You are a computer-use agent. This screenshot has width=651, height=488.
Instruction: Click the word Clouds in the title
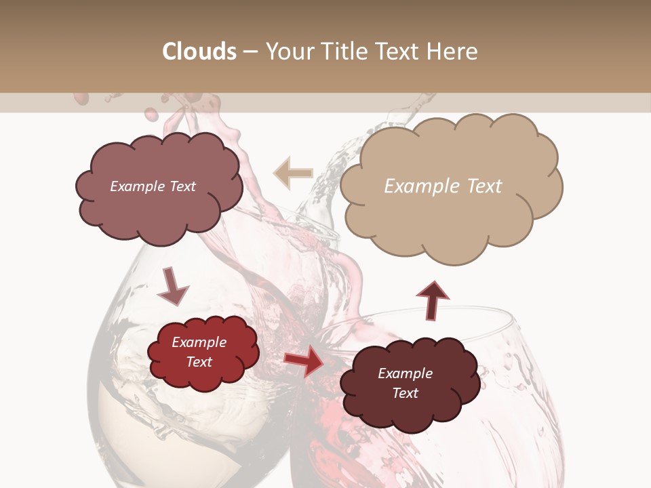pyautogui.click(x=199, y=52)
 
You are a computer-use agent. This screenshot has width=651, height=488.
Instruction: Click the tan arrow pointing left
pyautogui.click(x=294, y=174)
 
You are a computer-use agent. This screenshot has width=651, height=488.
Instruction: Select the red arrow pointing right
pyautogui.click(x=304, y=361)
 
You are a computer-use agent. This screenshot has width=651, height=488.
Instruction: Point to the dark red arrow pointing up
pyautogui.click(x=432, y=299)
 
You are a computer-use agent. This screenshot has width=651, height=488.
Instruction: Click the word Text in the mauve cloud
pyautogui.click(x=181, y=186)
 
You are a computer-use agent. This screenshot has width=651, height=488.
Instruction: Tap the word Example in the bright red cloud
pyautogui.click(x=199, y=342)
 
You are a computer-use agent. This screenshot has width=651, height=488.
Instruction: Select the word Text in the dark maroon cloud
pyautogui.click(x=405, y=393)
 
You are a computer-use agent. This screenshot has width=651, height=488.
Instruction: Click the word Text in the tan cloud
pyautogui.click(x=484, y=186)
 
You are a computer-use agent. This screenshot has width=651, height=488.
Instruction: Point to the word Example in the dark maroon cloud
pyautogui.click(x=405, y=373)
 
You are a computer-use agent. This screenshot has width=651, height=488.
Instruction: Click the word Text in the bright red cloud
pyautogui.click(x=199, y=362)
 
